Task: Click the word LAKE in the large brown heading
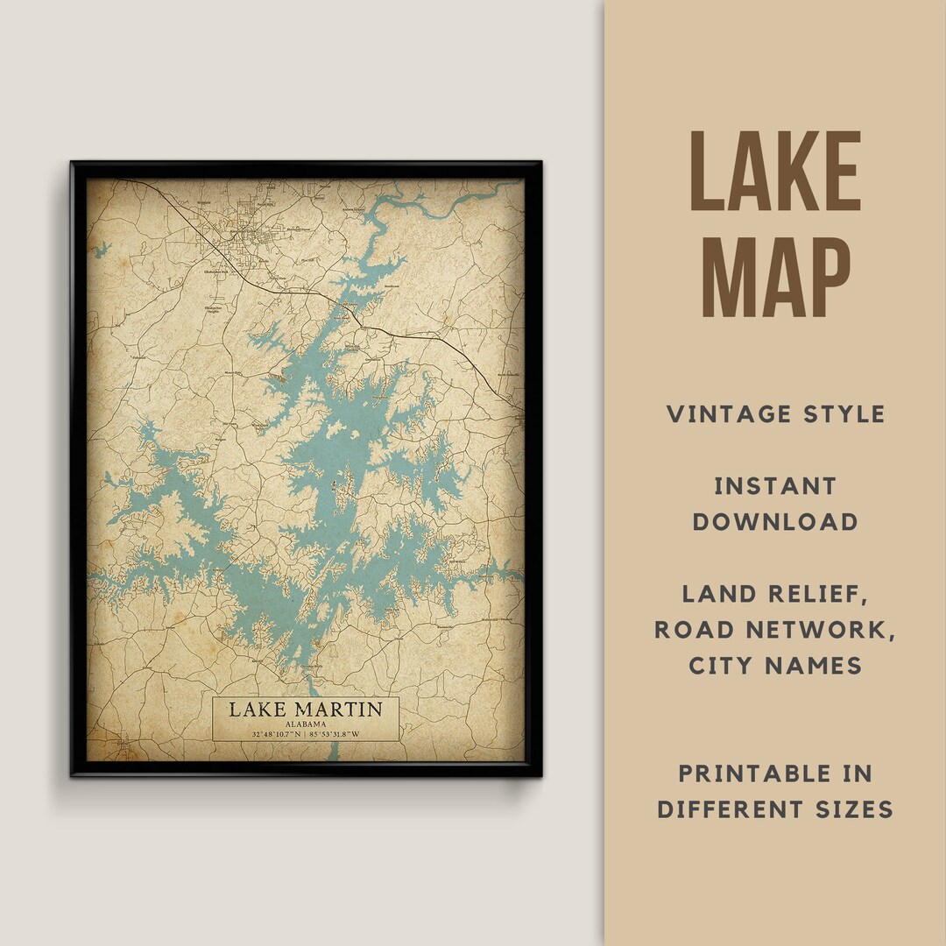click(775, 172)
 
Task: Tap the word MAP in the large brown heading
click(775, 275)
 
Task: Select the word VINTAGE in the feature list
click(725, 414)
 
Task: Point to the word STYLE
click(843, 414)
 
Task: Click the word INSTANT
click(775, 486)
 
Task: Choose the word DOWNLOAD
click(775, 522)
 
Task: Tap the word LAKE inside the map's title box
click(258, 709)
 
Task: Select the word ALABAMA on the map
click(305, 724)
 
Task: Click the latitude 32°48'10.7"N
click(275, 734)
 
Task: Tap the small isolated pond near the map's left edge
click(102, 249)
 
